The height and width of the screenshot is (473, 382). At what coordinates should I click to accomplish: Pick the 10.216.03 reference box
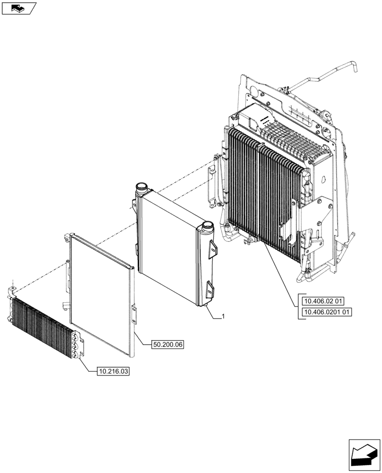(x=113, y=371)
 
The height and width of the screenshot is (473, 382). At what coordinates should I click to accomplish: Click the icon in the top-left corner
(x=18, y=8)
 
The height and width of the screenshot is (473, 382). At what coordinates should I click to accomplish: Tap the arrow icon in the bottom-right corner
(x=364, y=455)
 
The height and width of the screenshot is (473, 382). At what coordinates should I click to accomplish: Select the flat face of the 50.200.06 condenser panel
(x=99, y=293)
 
